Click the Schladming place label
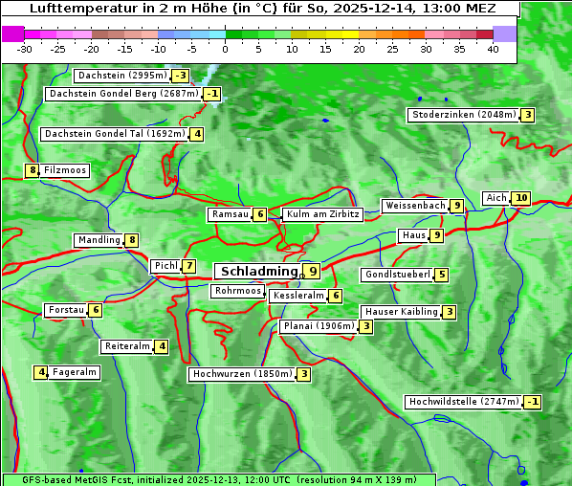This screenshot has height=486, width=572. [x=258, y=272]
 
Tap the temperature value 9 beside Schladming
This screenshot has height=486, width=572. [x=312, y=272]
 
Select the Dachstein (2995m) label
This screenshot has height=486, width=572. [x=121, y=76]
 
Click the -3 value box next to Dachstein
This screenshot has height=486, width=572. [x=181, y=76]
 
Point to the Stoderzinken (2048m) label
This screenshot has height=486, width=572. [x=463, y=115]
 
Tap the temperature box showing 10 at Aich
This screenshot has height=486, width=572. [x=520, y=198]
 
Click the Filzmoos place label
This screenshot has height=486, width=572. [x=65, y=170]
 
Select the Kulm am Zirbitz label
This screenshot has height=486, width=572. [x=322, y=214]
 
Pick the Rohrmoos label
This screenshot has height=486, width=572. [x=237, y=291]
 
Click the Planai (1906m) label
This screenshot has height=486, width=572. [x=319, y=326]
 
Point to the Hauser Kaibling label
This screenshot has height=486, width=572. [x=401, y=312]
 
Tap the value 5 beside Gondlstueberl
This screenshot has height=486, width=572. [x=441, y=275]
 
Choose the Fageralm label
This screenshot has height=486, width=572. [x=75, y=372]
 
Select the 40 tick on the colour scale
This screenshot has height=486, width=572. [x=493, y=49]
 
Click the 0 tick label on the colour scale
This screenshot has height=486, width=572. [x=225, y=49]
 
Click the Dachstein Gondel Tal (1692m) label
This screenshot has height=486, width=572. [x=115, y=134]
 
